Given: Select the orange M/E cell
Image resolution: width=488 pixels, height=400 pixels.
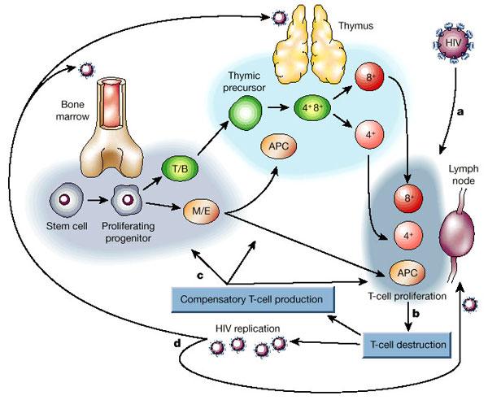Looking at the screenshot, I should pyautogui.click(x=198, y=212).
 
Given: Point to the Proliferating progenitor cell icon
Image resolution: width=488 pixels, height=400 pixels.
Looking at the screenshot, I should pyautogui.click(x=128, y=198).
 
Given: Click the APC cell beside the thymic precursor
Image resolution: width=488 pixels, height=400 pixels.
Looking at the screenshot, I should pyautogui.click(x=277, y=146).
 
